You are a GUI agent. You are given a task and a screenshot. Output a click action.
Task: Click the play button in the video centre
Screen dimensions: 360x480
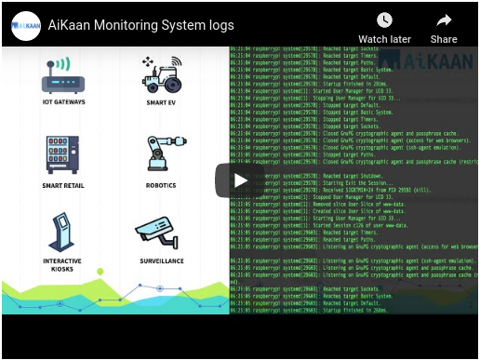[x=240, y=180]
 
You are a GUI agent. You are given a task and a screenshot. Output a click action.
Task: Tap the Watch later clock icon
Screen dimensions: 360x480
[x=384, y=20]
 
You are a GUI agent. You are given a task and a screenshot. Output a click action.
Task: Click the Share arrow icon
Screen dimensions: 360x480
[x=444, y=20]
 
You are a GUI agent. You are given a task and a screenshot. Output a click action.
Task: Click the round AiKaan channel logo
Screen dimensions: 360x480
[x=26, y=26]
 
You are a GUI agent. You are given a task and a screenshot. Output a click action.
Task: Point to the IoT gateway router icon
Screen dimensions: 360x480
[x=63, y=76]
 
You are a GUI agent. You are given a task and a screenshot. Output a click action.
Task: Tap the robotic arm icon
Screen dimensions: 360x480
[x=164, y=153]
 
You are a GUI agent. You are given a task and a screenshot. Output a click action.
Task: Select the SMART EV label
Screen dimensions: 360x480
[x=162, y=104]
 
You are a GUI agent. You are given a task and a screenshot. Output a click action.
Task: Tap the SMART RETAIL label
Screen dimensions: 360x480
[x=63, y=185]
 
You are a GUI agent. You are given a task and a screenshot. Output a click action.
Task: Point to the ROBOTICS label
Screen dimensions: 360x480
[x=162, y=185]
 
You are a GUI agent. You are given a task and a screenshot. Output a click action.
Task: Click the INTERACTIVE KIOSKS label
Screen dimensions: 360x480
[x=62, y=265]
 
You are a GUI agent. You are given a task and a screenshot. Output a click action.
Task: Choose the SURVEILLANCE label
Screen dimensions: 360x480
[x=162, y=261]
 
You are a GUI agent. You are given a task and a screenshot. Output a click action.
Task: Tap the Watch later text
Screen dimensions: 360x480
[x=384, y=39]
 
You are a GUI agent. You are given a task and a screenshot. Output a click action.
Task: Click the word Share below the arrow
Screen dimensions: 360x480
[x=444, y=39]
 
